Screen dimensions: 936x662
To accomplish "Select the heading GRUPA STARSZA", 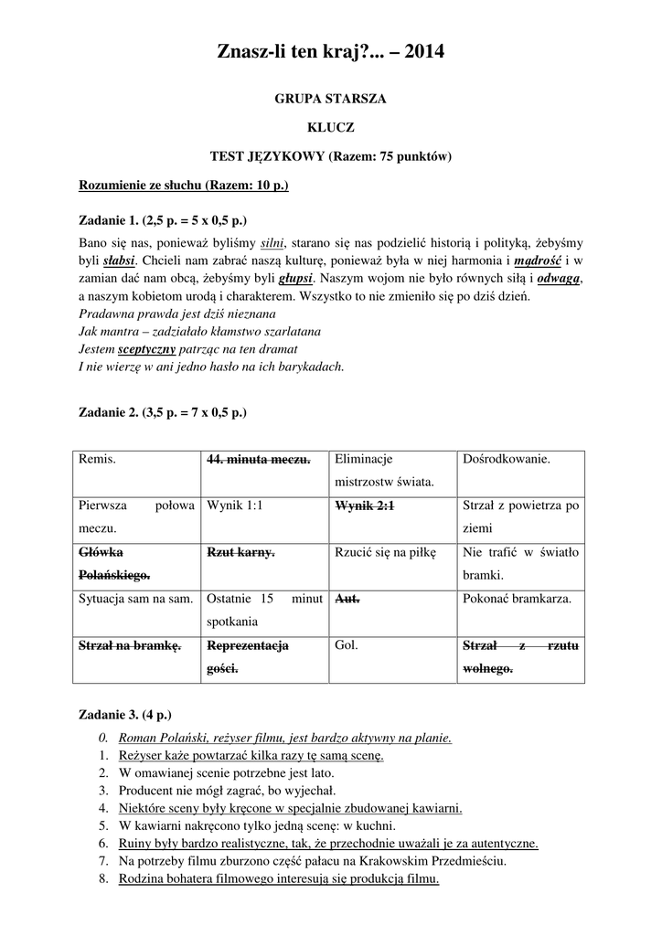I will (330, 99).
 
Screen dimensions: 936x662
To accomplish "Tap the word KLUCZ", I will (330, 127).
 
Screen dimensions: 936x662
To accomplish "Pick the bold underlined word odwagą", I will (559, 278).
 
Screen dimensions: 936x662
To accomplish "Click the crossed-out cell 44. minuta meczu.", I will (259, 459).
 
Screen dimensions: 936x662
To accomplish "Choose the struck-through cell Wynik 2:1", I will (364, 505).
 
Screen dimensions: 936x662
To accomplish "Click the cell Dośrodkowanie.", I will (507, 459).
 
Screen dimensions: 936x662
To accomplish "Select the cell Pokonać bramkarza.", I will (517, 599).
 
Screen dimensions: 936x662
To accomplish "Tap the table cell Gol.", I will (346, 645).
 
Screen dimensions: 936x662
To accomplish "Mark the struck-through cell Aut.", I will (347, 599).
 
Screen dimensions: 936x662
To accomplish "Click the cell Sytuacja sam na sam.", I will (135, 599).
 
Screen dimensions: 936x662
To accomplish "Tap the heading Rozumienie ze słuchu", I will (184, 186).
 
